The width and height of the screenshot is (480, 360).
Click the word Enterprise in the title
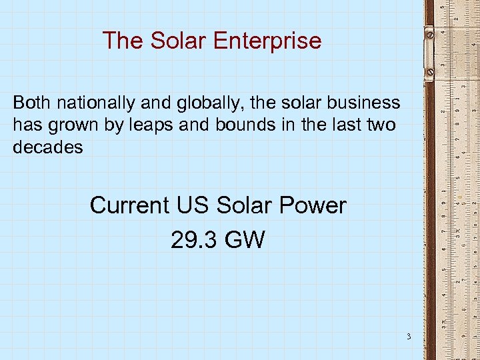click(267, 41)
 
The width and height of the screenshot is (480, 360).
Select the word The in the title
click(123, 41)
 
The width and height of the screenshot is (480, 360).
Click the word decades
click(48, 147)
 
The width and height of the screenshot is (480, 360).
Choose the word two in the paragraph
click(383, 125)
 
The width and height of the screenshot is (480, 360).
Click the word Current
click(129, 205)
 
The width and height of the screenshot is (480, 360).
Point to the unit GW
click(245, 239)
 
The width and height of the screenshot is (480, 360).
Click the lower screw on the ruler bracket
click(430, 69)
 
